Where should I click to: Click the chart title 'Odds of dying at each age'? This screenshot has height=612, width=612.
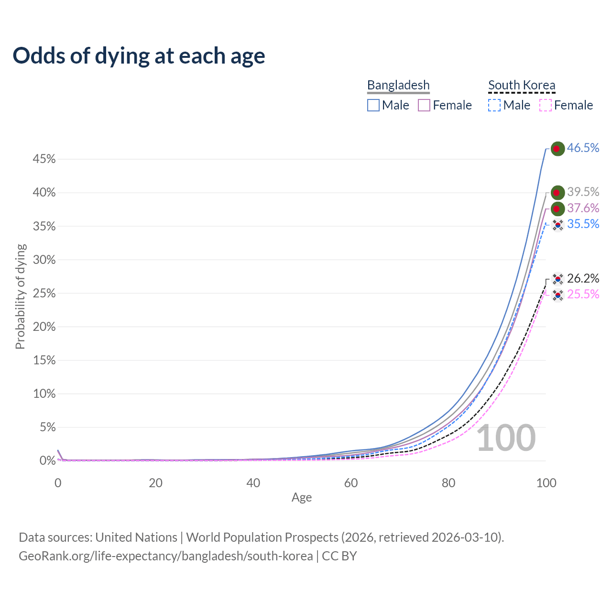point(139,56)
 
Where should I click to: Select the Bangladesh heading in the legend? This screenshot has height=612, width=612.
point(398,85)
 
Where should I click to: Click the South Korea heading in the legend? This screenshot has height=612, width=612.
point(522,85)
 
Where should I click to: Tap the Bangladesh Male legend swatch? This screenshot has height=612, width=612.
point(373,105)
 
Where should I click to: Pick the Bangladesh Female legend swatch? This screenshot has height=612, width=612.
point(424,105)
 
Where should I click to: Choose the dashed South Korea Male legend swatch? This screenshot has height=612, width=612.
point(494,105)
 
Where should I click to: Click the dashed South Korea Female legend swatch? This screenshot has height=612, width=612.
point(546,105)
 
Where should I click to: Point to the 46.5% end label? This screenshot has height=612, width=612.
point(583,148)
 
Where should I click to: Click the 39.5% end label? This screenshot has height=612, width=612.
point(583,192)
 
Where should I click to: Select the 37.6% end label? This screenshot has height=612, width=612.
point(583,208)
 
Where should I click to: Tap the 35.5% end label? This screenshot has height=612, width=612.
point(583,224)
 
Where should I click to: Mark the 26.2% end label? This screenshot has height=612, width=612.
point(583,279)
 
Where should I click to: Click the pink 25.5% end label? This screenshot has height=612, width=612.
point(583,295)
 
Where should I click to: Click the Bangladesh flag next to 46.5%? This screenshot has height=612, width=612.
point(557,149)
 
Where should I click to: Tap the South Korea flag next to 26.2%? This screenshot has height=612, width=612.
point(557,279)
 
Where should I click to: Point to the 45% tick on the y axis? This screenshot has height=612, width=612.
point(44,159)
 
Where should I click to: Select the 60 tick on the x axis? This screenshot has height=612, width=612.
point(351,483)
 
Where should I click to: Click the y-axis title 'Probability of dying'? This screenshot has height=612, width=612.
point(20,296)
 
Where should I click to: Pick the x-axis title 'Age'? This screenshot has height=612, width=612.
point(302,498)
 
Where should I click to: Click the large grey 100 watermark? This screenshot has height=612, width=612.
point(506,438)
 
